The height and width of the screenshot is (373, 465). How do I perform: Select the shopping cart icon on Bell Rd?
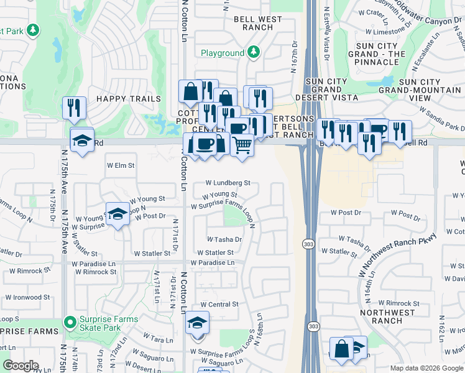[242, 145]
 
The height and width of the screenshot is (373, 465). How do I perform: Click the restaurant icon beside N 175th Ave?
[74, 108]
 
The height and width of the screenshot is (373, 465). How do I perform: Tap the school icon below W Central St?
[198, 323]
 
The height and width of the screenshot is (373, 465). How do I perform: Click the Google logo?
[20, 366]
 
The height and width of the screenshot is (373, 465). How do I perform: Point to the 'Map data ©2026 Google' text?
[426, 368]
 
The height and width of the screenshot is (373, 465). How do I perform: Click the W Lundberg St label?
[229, 183]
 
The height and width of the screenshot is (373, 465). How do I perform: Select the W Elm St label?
[121, 166]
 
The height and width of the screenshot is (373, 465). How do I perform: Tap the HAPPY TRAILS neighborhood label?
[128, 99]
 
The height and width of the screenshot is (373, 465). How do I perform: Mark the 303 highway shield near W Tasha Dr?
[308, 244]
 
